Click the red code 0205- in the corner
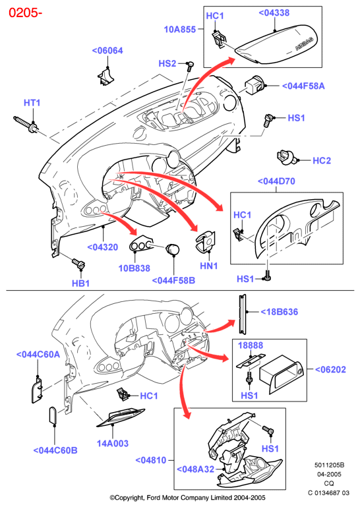point(25,13)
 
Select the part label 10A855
point(180,30)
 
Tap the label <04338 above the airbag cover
point(274,13)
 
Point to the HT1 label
point(32,103)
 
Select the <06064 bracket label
point(107,51)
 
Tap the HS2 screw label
point(167,63)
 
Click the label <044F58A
point(303,86)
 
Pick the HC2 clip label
point(322,161)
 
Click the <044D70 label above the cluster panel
point(276,181)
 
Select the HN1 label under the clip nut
point(208,266)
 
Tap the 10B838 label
point(135,268)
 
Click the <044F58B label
point(173,280)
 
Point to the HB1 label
point(80,283)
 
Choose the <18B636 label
point(279,312)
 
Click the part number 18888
point(251,345)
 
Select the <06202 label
point(330,369)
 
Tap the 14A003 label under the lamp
point(113,443)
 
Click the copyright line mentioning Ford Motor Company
point(187,498)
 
